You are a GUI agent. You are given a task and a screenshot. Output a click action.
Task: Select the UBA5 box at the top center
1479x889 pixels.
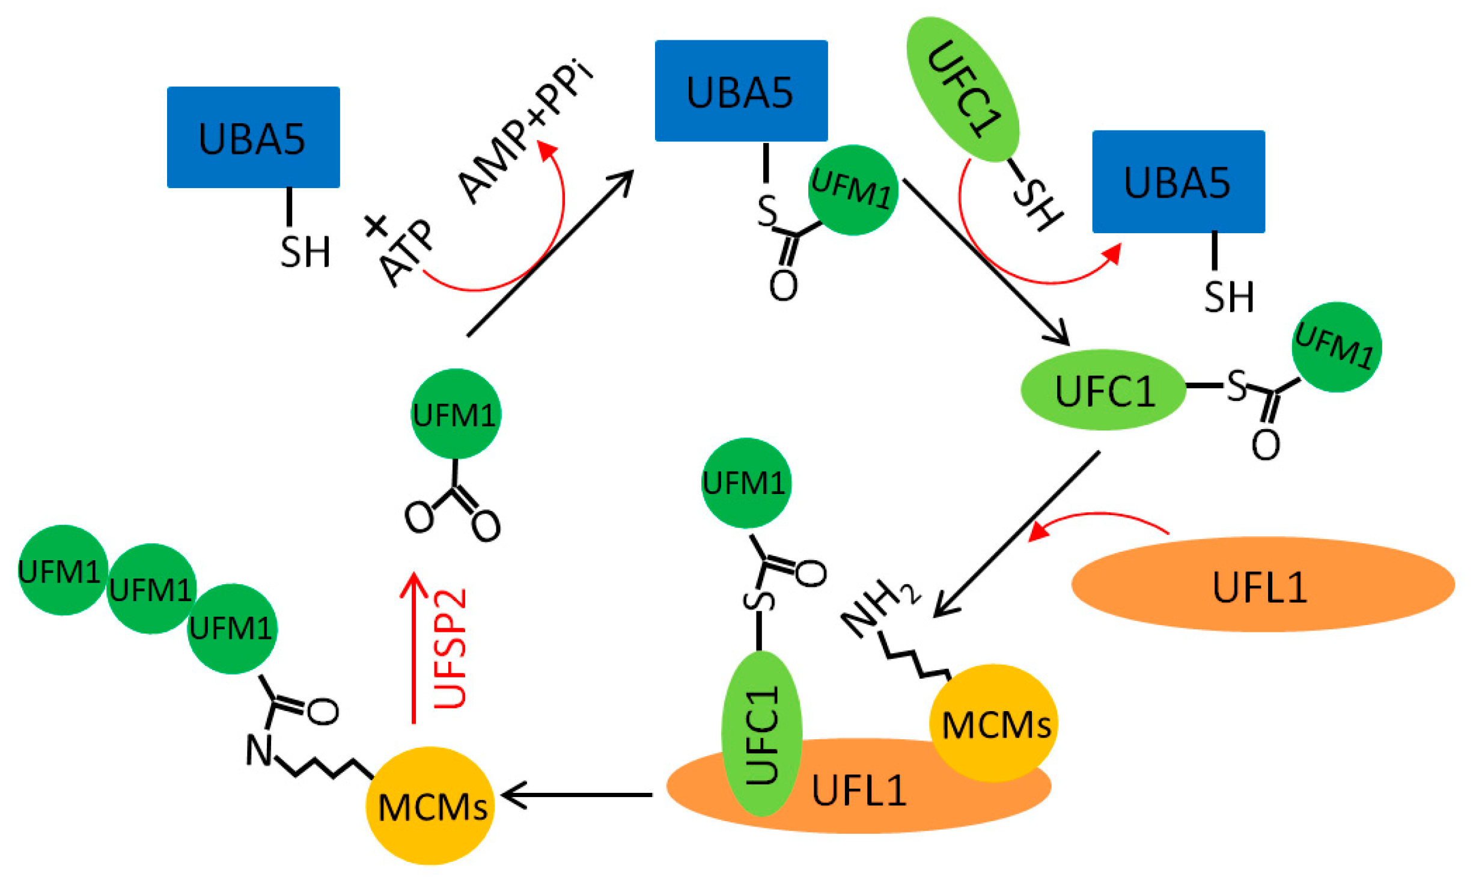740,91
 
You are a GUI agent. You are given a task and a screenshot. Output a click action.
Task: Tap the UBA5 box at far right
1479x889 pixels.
1178,182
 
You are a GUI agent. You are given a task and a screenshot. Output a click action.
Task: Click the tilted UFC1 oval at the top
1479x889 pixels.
963,89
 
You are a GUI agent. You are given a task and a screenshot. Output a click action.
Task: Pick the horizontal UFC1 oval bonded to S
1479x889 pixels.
1103,390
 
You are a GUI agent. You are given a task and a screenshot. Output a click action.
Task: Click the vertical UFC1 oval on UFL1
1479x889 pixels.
761,733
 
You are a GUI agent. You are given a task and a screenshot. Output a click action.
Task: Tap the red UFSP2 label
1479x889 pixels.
450,649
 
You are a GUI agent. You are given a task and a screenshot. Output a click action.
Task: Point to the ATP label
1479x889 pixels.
407,252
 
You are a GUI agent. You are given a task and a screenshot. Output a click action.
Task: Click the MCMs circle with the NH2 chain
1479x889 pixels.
993,723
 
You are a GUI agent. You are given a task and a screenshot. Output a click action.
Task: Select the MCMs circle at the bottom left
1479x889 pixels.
430,805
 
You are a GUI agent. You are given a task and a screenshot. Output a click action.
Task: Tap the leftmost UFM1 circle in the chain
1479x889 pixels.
62,570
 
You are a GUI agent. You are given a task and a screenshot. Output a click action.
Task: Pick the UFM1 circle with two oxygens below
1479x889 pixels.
456,414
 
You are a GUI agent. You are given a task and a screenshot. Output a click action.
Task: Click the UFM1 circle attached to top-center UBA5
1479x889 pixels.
852,190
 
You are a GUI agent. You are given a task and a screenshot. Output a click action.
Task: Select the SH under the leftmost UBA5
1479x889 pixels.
305,251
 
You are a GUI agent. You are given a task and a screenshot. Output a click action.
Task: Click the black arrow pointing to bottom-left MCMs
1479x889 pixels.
577,795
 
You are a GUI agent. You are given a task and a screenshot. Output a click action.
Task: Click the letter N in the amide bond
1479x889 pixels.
259,751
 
